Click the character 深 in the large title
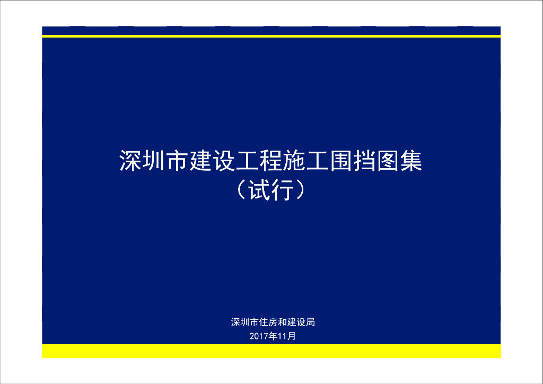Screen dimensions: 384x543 130,161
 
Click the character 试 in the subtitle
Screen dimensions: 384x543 260,190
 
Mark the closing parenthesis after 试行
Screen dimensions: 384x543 301,190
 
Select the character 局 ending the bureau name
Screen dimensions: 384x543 310,322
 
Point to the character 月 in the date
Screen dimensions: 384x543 291,336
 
